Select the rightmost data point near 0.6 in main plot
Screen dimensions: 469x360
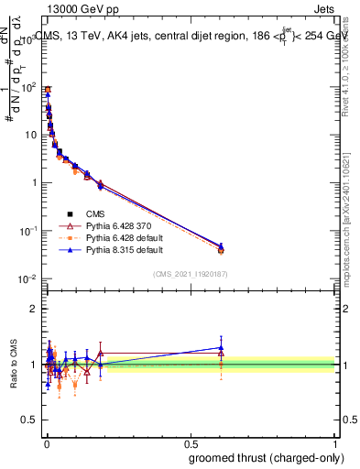click(x=221, y=247)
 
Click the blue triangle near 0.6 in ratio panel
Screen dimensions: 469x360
click(x=221, y=347)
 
